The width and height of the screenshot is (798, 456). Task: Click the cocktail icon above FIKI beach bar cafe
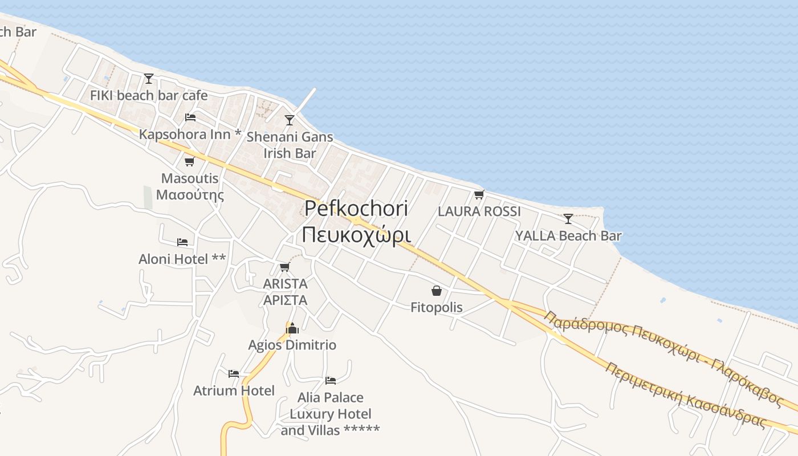coord(149,78)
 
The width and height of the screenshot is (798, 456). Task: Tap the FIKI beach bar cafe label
coord(149,95)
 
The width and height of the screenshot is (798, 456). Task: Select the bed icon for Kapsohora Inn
coord(190,117)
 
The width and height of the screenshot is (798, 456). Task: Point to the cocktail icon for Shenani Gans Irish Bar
coord(290,120)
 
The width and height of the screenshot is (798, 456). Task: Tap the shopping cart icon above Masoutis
coord(190,161)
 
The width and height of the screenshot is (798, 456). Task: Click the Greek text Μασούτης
coord(190,195)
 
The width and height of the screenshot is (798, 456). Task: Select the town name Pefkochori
coord(356,209)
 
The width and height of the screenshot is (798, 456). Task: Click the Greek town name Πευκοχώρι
coord(356,234)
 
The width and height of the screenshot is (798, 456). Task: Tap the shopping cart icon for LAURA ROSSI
coord(479,194)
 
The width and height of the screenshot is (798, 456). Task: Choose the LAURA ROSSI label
coord(479,211)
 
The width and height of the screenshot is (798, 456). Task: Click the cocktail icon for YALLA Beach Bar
coord(568,218)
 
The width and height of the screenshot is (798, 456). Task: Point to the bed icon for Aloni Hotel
coord(182,242)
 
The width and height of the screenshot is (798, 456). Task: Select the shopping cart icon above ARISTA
coord(285,267)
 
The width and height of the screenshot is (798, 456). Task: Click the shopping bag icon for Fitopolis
coord(437,291)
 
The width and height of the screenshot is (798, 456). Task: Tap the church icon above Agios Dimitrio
coord(292,328)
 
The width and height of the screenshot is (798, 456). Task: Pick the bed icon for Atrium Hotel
coord(234,374)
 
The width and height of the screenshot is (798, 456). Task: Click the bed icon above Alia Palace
coord(331,380)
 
